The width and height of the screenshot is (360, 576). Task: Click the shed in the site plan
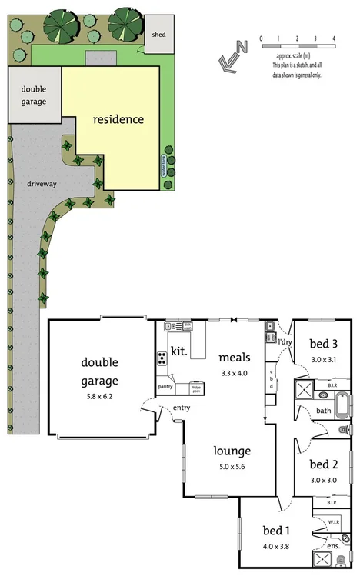[159, 35]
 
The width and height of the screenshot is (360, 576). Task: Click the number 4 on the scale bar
[334, 38]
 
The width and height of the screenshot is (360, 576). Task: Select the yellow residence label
[118, 119]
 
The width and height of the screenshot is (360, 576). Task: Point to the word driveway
[40, 185]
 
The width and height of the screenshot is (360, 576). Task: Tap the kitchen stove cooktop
[163, 358]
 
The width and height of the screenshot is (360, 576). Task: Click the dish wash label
[187, 326]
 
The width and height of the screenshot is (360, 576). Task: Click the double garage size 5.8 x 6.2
[99, 397]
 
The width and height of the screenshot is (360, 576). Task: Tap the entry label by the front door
[182, 408]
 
